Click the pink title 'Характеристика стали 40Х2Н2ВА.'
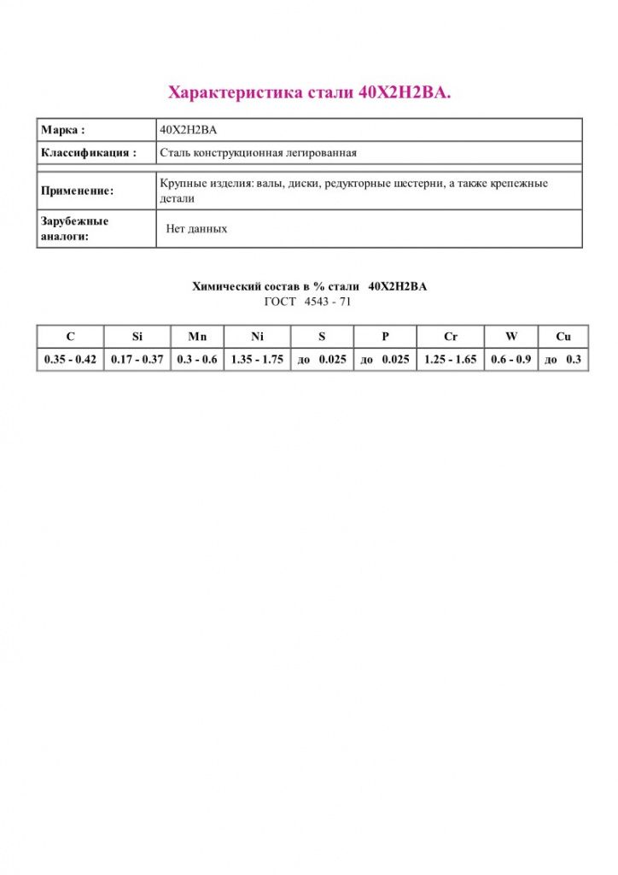point(309,92)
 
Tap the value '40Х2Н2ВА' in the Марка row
point(188,131)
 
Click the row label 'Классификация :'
point(89,153)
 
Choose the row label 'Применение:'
point(77,191)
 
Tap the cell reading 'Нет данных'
point(196,229)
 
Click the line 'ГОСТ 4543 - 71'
point(308,302)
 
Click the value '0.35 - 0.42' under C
point(70,360)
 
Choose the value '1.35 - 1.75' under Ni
point(257,360)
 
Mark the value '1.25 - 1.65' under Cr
point(451,360)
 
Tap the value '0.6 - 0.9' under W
point(511,360)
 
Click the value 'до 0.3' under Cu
point(563,360)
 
